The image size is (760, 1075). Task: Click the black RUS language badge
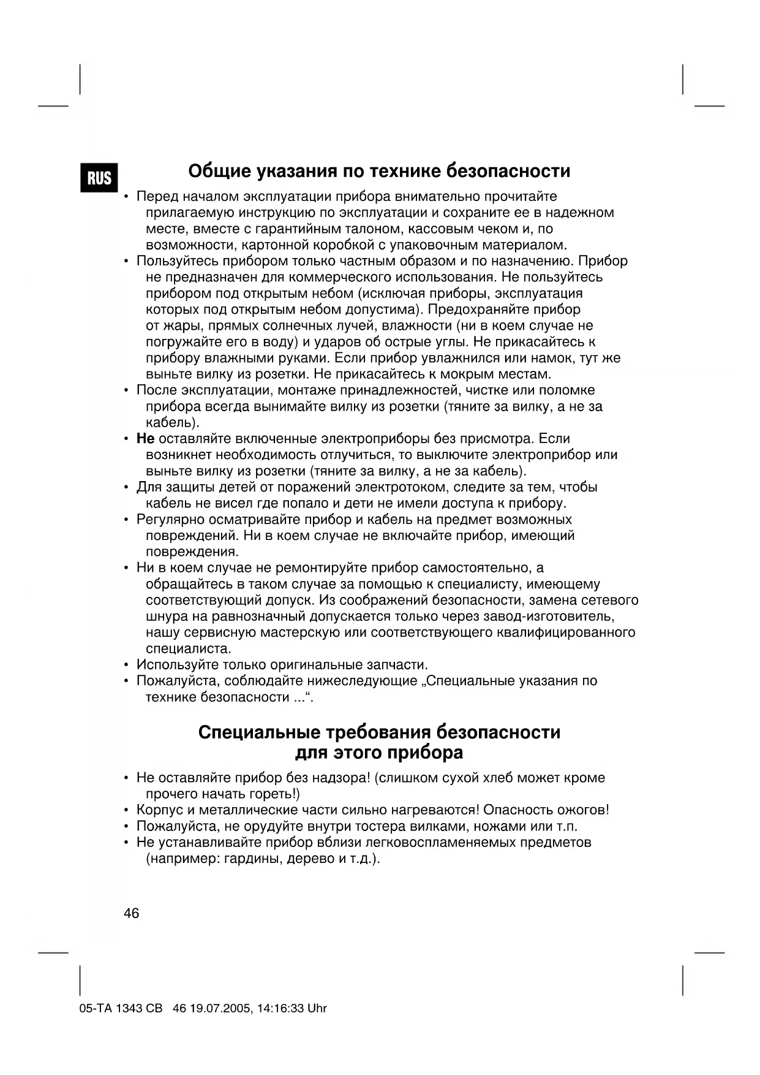99,178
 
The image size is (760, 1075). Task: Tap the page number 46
131,913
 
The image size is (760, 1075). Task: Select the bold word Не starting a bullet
145,439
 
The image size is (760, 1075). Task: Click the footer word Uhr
317,1008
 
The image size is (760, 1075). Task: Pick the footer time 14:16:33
280,1008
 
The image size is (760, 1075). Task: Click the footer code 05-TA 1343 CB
121,1008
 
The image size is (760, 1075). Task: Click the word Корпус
159,810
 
